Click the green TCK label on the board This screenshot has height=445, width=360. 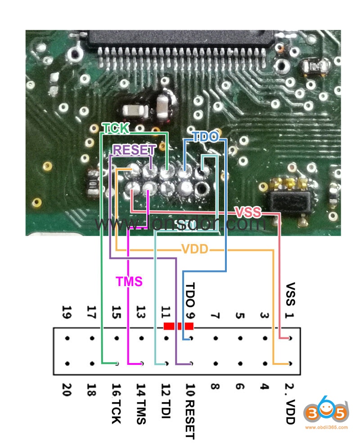click(116, 128)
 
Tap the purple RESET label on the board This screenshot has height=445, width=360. click(135, 150)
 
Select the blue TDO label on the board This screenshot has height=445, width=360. click(206, 137)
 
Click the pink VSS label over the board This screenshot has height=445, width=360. click(248, 212)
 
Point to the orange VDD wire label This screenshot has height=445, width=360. click(195, 249)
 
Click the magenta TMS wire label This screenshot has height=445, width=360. click(129, 281)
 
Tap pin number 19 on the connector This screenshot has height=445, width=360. click(67, 312)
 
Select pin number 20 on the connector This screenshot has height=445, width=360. click(67, 390)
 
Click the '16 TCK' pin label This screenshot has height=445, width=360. click(117, 403)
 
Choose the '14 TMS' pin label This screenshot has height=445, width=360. click(141, 404)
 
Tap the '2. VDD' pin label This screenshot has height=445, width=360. click(289, 403)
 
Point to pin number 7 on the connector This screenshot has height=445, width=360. click(215, 315)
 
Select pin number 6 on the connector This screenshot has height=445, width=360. click(240, 386)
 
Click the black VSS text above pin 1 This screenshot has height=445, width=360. click(290, 294)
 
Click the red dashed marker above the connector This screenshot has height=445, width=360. click(179, 326)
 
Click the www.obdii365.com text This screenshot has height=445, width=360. click(326, 427)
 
